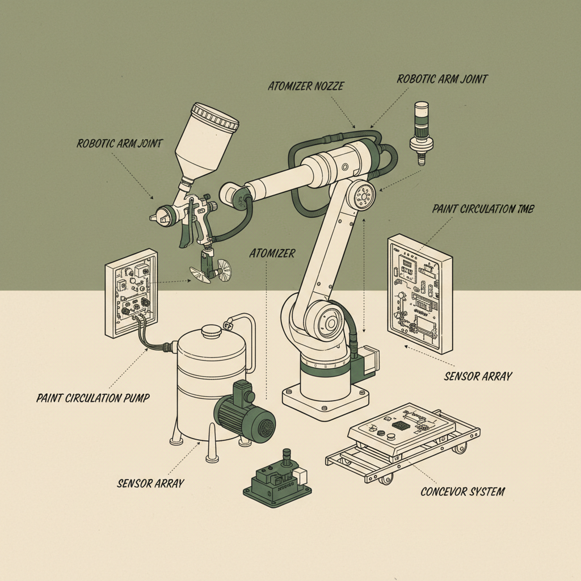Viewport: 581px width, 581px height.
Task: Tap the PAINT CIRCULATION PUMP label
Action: [92, 398]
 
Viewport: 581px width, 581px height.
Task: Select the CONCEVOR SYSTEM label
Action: [462, 491]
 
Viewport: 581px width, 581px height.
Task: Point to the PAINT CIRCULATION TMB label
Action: [482, 209]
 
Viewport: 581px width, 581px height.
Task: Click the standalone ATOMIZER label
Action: [272, 254]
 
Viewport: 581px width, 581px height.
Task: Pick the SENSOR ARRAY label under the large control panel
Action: [478, 376]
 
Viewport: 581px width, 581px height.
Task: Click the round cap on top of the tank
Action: [211, 331]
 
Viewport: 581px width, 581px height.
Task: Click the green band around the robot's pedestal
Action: [326, 369]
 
